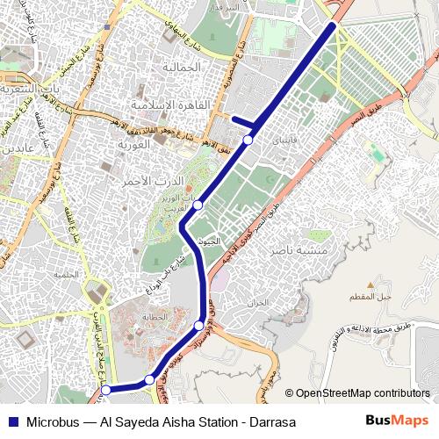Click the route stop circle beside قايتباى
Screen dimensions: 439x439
[248, 140]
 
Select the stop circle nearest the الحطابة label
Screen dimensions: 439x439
[199, 326]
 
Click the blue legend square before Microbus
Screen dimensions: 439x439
[12, 421]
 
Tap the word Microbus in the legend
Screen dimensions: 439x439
[57, 421]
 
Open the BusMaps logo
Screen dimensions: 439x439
[397, 421]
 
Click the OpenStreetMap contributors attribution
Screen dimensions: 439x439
[362, 393]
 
